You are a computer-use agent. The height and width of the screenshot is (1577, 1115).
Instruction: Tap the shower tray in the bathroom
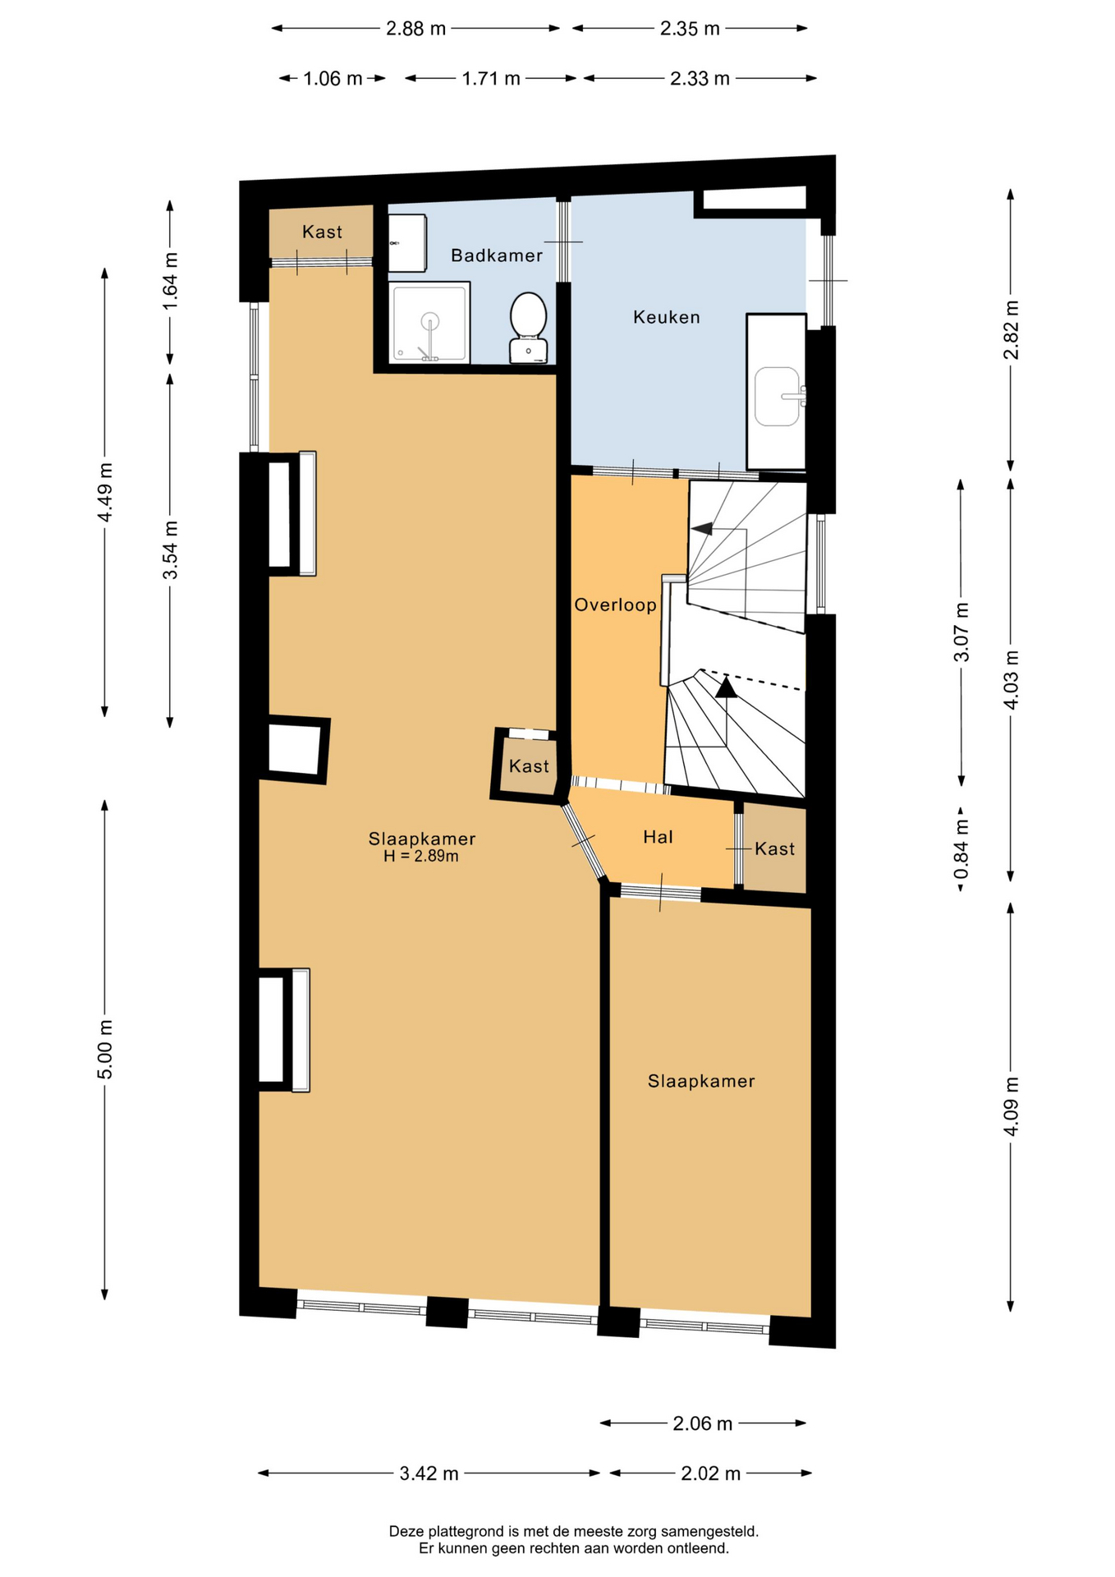coord(430,323)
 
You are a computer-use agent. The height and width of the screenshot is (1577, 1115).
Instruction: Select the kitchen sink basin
coord(777,397)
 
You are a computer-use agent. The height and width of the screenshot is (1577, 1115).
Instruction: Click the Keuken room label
coord(666,317)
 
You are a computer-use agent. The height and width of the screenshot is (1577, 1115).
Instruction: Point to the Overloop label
coord(615,605)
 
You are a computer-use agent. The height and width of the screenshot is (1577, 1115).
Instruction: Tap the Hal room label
coord(658,837)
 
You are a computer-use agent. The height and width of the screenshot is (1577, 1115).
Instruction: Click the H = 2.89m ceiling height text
coord(421,856)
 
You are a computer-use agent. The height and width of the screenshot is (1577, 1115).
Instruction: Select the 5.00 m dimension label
coord(105,1050)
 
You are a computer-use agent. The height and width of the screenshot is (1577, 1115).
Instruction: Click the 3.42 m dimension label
coord(429,1474)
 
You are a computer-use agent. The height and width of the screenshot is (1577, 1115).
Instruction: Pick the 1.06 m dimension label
coord(333,79)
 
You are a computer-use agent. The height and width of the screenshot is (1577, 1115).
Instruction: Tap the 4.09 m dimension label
coord(1011,1106)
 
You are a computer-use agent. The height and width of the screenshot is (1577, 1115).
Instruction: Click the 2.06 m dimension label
coord(702,1423)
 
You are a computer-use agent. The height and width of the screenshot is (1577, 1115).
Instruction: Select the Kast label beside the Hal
coord(774,848)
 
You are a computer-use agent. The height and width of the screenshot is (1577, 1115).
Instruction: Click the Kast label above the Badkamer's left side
coord(322,232)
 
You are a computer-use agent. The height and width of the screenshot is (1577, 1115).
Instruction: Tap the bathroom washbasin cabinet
coord(407,243)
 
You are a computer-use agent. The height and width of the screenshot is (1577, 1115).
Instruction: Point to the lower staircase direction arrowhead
coord(726,687)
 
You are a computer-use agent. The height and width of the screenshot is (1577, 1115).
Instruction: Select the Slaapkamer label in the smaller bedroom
coord(701,1081)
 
